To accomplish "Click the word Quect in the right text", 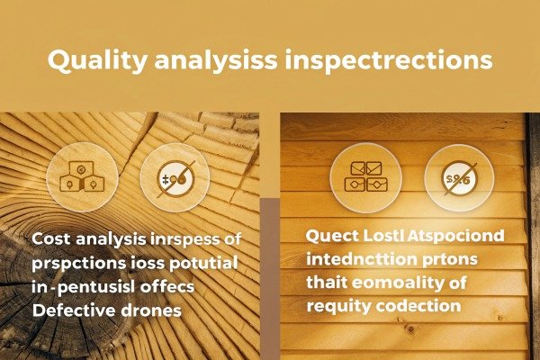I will (332, 237).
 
